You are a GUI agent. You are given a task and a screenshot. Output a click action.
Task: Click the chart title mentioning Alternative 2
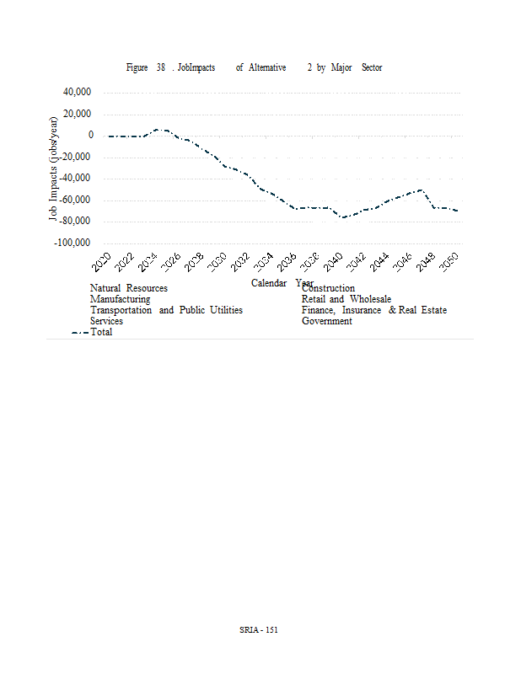pyautogui.click(x=254, y=67)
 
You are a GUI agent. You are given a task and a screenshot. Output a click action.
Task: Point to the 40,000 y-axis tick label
pyautogui.click(x=78, y=92)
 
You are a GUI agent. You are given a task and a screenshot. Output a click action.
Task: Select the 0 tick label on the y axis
pyautogui.click(x=90, y=135)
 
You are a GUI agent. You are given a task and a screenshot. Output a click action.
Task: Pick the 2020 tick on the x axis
pyautogui.click(x=101, y=262)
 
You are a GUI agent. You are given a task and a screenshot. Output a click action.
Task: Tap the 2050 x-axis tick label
pyautogui.click(x=449, y=262)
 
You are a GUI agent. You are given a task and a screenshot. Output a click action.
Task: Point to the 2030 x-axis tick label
pyautogui.click(x=218, y=262)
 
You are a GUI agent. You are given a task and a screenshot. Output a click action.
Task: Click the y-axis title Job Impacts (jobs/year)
pyautogui.click(x=54, y=168)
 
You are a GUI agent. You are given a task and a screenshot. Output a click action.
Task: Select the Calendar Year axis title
pyautogui.click(x=282, y=282)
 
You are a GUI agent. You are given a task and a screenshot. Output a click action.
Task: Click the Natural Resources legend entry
pyautogui.click(x=129, y=288)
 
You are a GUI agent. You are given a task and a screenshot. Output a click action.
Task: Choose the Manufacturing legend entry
pyautogui.click(x=121, y=299)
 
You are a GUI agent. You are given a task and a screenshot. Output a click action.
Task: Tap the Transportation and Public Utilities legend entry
pyautogui.click(x=166, y=310)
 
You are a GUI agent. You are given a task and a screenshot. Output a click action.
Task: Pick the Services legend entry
pyautogui.click(x=107, y=321)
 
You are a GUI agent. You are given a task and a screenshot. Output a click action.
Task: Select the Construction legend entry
pyautogui.click(x=329, y=289)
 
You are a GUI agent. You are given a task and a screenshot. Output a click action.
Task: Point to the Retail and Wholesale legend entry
pyautogui.click(x=346, y=299)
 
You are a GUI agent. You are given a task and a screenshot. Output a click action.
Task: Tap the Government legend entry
pyautogui.click(x=327, y=321)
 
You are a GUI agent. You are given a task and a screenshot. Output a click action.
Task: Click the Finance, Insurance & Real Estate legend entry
pyautogui.click(x=374, y=310)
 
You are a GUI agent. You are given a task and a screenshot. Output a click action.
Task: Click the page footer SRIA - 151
pyautogui.click(x=260, y=629)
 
